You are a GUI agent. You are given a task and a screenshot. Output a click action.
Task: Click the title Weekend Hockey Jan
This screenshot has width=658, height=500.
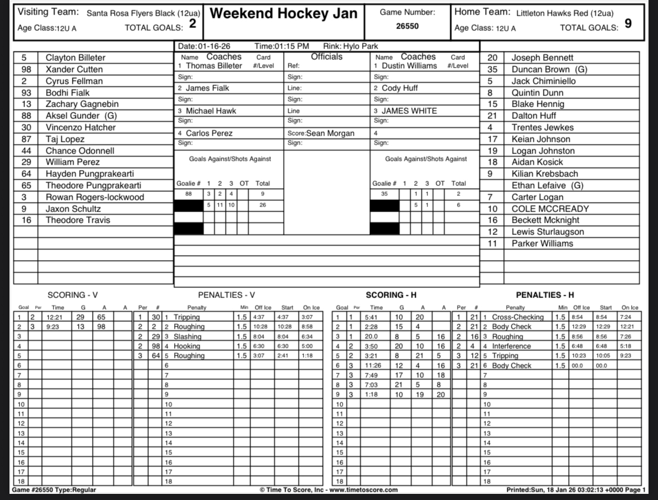coord(284,14)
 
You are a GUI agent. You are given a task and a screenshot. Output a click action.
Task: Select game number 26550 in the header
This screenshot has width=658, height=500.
coord(407,26)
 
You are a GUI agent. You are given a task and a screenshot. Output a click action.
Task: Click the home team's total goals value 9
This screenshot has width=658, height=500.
coord(628,24)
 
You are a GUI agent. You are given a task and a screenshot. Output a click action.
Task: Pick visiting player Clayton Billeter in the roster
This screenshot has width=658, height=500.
coord(75,57)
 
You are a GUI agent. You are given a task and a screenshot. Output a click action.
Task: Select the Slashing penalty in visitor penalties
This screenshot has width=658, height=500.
coord(186,336)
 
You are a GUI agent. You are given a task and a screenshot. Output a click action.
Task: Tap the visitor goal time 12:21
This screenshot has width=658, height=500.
coord(57,317)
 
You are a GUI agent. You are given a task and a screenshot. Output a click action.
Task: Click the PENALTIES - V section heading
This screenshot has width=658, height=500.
coord(226,295)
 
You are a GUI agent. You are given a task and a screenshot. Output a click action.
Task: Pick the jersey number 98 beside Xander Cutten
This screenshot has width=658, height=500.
coord(26,69)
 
